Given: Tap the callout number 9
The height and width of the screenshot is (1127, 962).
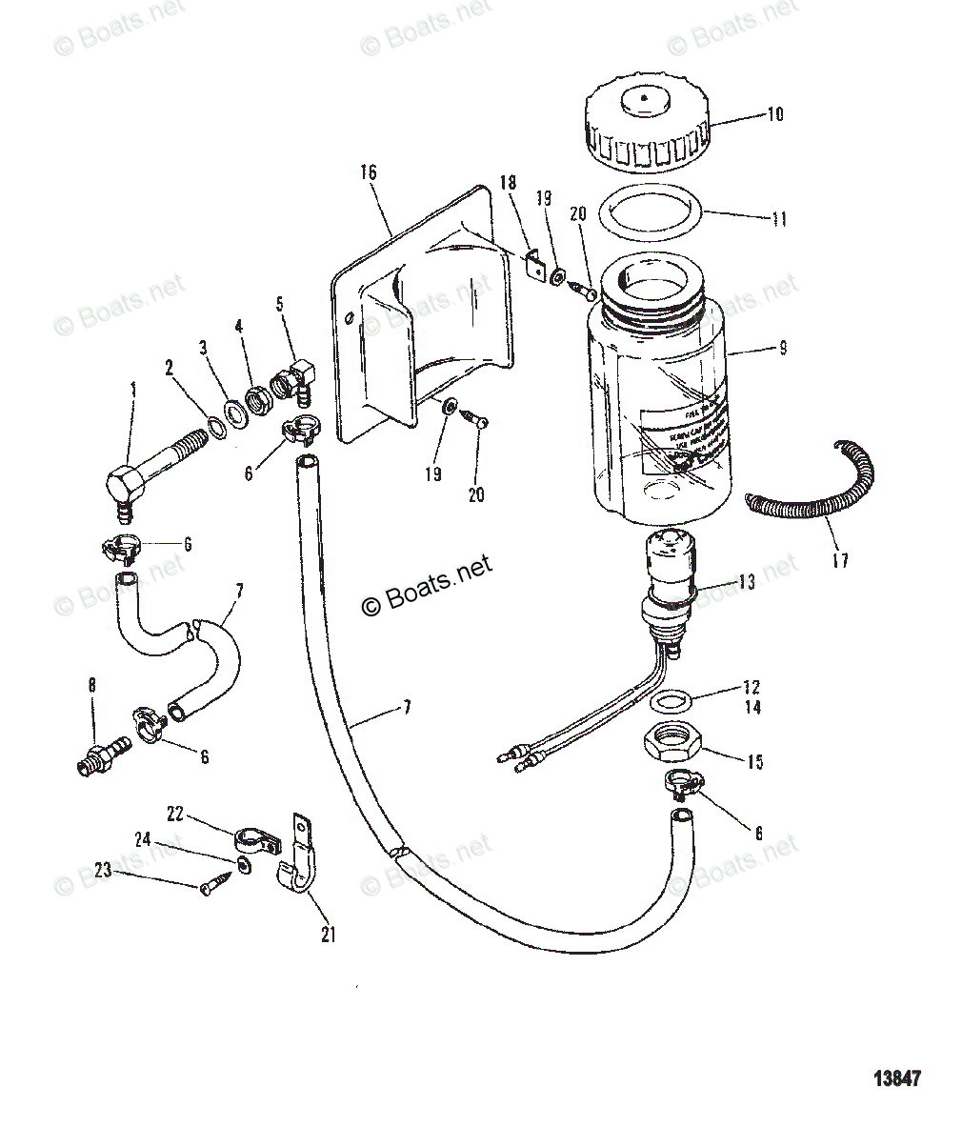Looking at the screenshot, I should click(782, 349).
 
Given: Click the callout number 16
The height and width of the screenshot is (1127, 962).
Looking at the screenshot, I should click(369, 172).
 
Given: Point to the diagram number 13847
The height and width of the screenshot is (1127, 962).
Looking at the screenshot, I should click(897, 1079).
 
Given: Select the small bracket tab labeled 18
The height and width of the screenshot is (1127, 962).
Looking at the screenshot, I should click(534, 265).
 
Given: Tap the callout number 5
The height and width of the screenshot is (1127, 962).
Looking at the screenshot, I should click(279, 304).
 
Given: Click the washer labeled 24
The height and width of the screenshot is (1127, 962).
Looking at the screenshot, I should click(244, 867).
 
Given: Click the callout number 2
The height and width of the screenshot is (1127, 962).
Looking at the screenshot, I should click(169, 366).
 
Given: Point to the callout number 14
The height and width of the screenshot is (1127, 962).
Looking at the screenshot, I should click(752, 708).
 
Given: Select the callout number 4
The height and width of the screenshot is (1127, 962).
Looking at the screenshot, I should click(239, 326).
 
